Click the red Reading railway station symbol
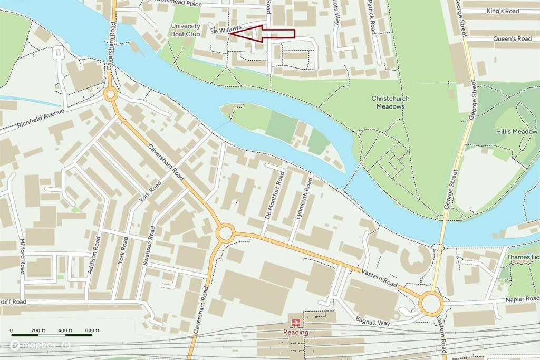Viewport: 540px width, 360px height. point(295,322)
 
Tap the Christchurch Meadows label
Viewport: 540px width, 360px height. point(390,102)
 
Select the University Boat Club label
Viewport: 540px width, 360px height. point(186,30)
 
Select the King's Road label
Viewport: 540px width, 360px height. point(503,11)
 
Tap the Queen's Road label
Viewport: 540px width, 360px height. point(512,39)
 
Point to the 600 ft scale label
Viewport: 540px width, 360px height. point(92,330)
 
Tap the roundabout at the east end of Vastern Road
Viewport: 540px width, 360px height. point(431,303)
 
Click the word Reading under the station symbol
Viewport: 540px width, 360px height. point(295,333)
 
